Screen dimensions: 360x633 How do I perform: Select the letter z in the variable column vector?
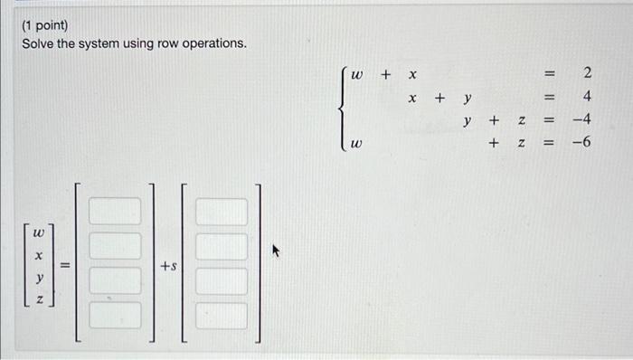click(37, 299)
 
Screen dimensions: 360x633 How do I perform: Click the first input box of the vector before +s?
click(114, 211)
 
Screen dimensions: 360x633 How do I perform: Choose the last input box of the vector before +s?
click(114, 316)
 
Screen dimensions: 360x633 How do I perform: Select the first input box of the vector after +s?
click(222, 211)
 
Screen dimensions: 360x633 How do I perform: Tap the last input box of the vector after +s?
click(222, 316)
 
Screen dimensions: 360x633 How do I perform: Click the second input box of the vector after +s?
click(222, 246)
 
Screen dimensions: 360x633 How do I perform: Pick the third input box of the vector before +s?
click(114, 280)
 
